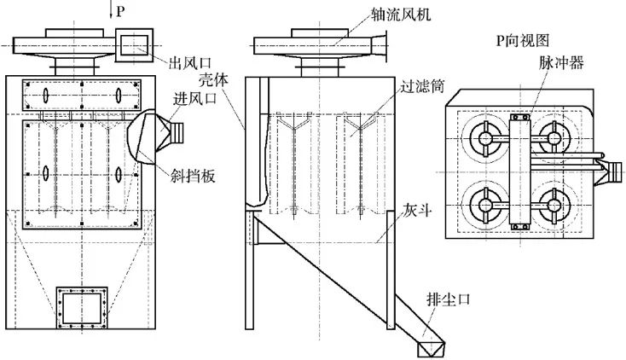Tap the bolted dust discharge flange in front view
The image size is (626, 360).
(x=82, y=308)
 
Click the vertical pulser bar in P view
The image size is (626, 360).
(x=519, y=171)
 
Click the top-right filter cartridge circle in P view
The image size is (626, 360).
(x=550, y=137)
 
